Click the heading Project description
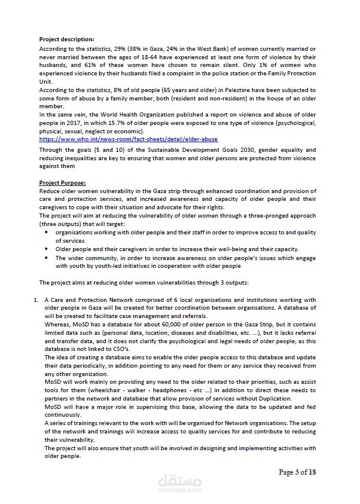click(x=66, y=38)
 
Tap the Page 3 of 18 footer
click(x=297, y=472)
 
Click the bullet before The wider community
click(x=47, y=258)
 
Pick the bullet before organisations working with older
click(x=47, y=232)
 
